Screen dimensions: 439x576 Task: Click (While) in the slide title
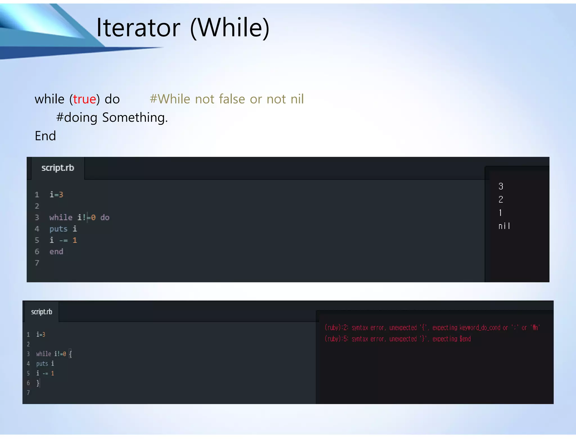(230, 28)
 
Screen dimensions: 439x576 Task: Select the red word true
(84, 99)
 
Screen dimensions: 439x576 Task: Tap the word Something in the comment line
(135, 117)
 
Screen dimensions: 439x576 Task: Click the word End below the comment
(45, 136)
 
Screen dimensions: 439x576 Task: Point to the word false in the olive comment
(232, 99)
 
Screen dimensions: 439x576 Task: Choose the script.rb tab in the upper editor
(58, 168)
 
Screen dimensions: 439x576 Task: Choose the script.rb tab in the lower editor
(42, 312)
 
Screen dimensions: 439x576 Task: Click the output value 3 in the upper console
(501, 186)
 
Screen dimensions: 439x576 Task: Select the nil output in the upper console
(504, 226)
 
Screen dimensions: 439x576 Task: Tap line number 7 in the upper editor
(37, 263)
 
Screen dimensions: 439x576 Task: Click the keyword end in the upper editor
(56, 252)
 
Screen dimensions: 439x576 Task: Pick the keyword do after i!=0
(105, 218)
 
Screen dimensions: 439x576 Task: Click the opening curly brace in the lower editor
(70, 354)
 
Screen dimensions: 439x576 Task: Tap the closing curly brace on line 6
(38, 383)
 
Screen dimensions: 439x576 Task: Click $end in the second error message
(465, 339)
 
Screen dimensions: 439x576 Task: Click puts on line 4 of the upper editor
(58, 229)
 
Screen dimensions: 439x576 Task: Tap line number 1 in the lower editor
(28, 334)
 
